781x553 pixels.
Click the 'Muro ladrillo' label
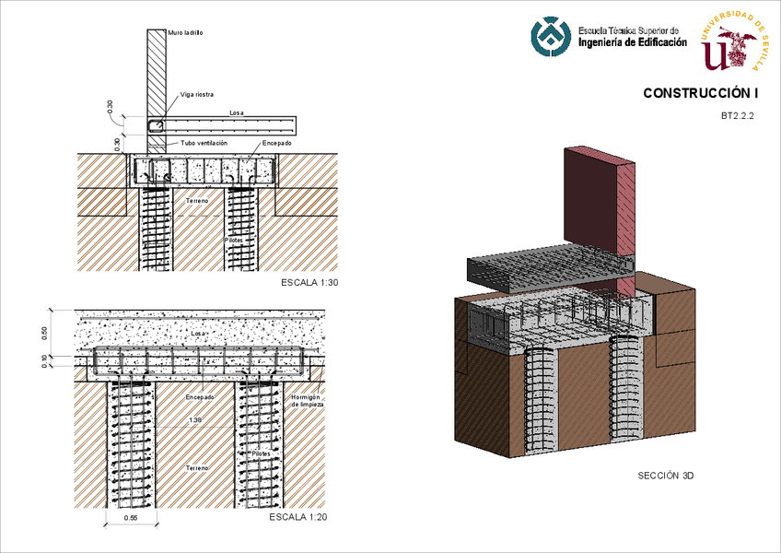(185, 32)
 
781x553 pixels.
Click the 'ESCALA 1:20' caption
(297, 517)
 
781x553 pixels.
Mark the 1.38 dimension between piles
(194, 420)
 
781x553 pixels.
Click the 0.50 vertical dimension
(44, 332)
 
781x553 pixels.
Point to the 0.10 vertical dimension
(44, 361)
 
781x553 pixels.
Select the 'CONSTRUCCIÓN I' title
(700, 93)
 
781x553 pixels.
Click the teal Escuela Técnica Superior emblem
(551, 38)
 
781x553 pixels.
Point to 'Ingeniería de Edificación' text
(632, 42)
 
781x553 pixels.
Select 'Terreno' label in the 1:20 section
(195, 468)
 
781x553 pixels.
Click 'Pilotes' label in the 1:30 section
(234, 239)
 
